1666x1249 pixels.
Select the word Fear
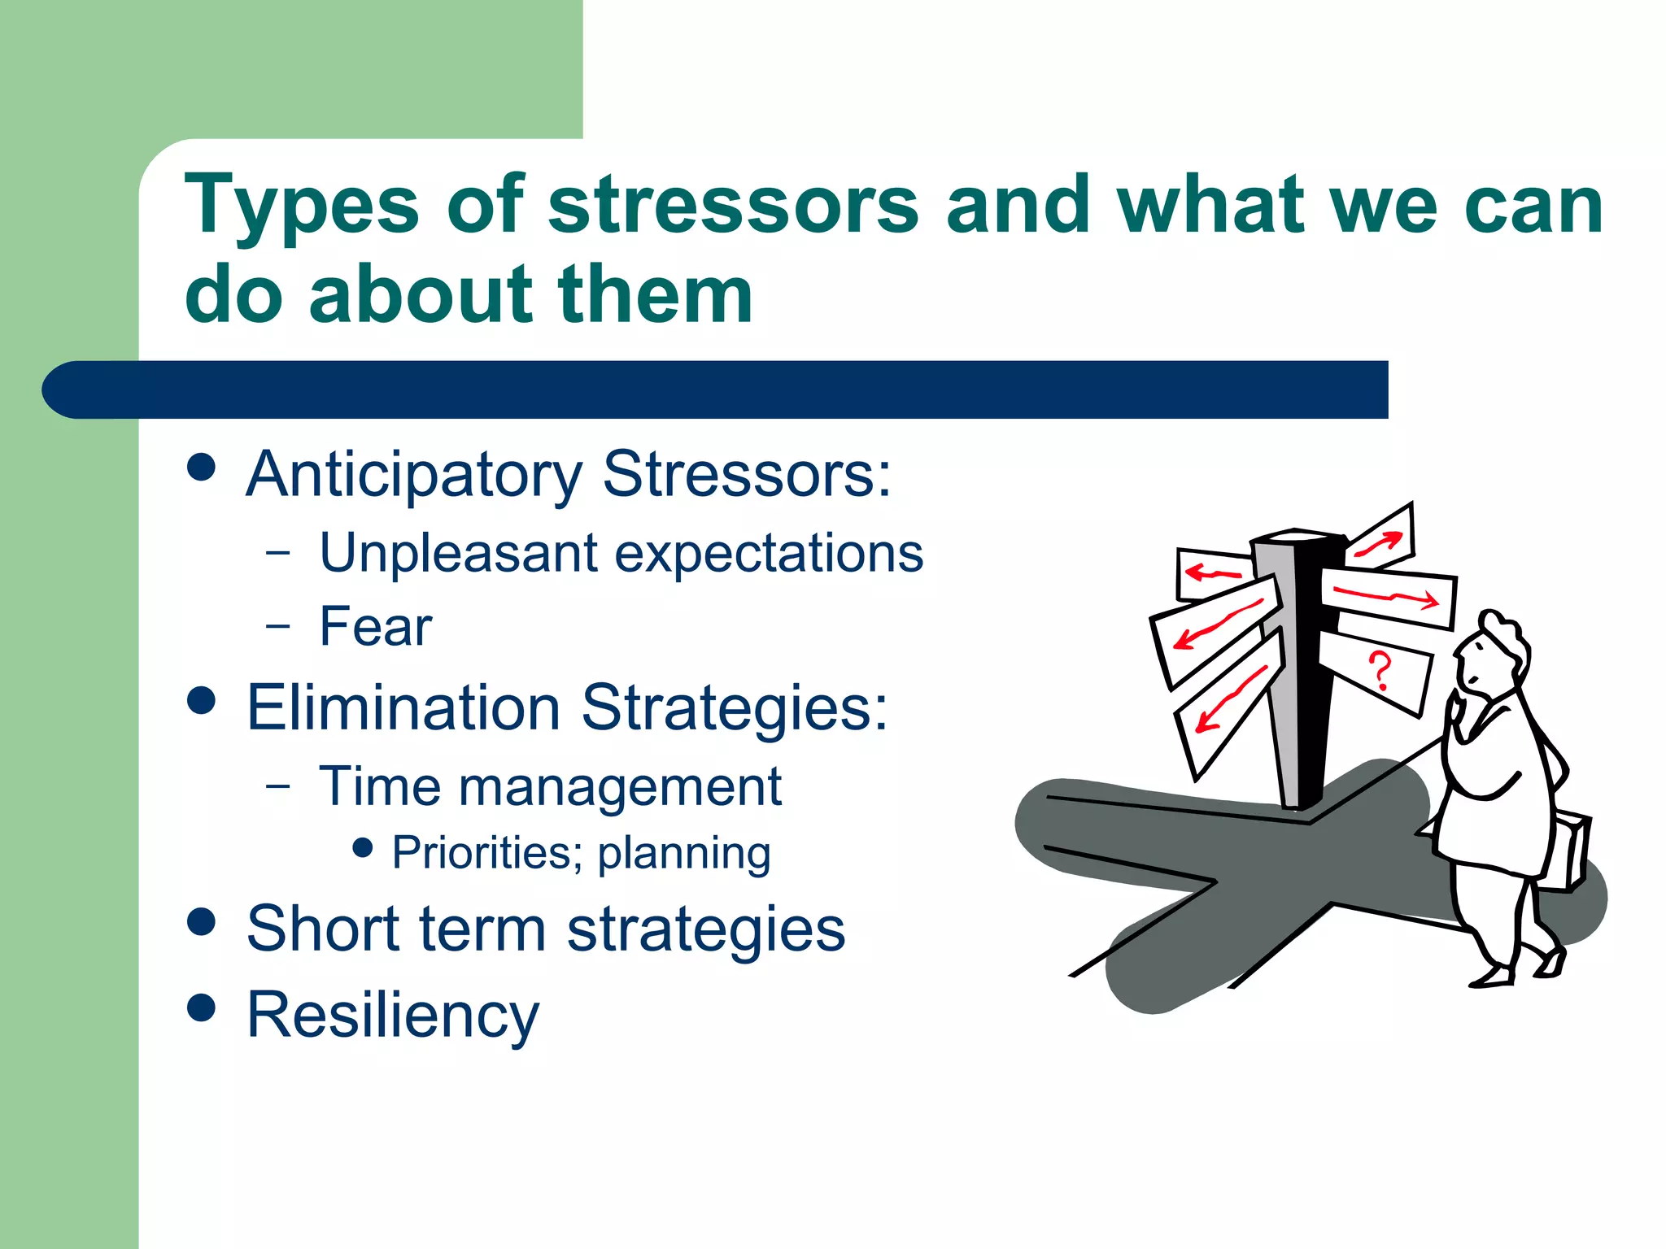click(x=375, y=627)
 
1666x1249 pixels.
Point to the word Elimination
click(x=403, y=707)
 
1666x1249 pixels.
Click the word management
click(x=619, y=787)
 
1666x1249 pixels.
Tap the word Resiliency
click(x=393, y=1015)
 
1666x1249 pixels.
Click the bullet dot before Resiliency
click(x=201, y=1007)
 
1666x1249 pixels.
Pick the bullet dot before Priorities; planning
click(x=364, y=849)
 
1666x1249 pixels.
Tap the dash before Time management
click(x=278, y=786)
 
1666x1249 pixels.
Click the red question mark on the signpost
click(x=1380, y=670)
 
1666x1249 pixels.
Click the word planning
click(x=684, y=853)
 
